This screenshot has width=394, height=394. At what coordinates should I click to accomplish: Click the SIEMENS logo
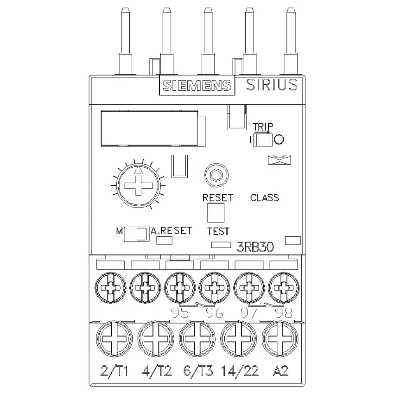coord(197,85)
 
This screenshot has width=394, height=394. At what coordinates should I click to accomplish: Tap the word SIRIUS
coord(272,85)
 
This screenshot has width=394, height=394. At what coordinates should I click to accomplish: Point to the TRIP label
coord(262,127)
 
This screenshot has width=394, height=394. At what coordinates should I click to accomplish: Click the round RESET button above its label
coord(216,175)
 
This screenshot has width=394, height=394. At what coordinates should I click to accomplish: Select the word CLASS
coord(265,198)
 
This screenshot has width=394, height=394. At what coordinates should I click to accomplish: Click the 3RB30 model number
coord(255,247)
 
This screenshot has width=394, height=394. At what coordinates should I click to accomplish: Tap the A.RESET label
coord(172,231)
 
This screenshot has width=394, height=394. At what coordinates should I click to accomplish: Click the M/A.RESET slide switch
coord(136,234)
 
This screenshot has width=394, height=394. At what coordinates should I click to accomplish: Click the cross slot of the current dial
coord(139,186)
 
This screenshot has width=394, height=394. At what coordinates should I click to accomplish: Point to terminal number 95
coord(180,313)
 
